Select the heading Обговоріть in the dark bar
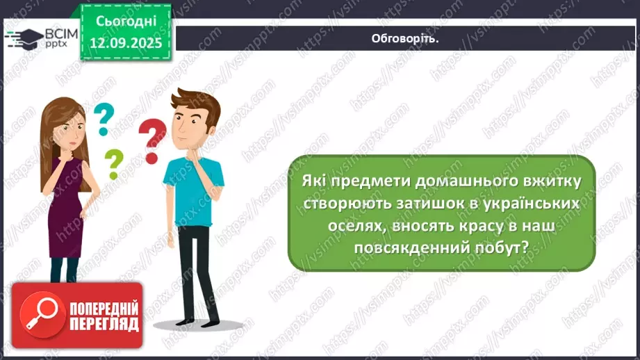click(405, 38)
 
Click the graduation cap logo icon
click(24, 38)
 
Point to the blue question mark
click(104, 119)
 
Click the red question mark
click(152, 139)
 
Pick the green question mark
click(113, 165)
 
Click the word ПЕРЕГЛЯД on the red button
click(105, 325)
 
